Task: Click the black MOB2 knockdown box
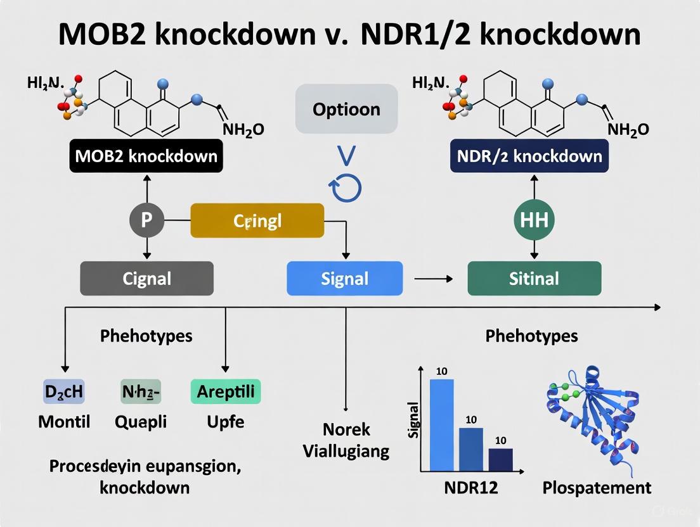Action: point(146,156)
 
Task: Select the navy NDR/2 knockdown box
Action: point(531,156)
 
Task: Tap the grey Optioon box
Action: point(346,109)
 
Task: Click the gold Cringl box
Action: point(257,220)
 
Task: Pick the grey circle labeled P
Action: point(146,220)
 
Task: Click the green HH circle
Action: point(533,220)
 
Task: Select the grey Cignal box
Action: point(146,278)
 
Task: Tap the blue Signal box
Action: point(344,278)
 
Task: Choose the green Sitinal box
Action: point(534,278)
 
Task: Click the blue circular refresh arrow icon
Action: point(345,187)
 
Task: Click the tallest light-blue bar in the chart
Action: point(442,424)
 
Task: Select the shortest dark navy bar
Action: point(500,459)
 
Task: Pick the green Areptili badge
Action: point(225,391)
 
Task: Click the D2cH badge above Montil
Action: point(63,391)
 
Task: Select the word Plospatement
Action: point(597,487)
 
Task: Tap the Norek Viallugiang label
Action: point(346,440)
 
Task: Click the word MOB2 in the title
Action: point(111,35)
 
